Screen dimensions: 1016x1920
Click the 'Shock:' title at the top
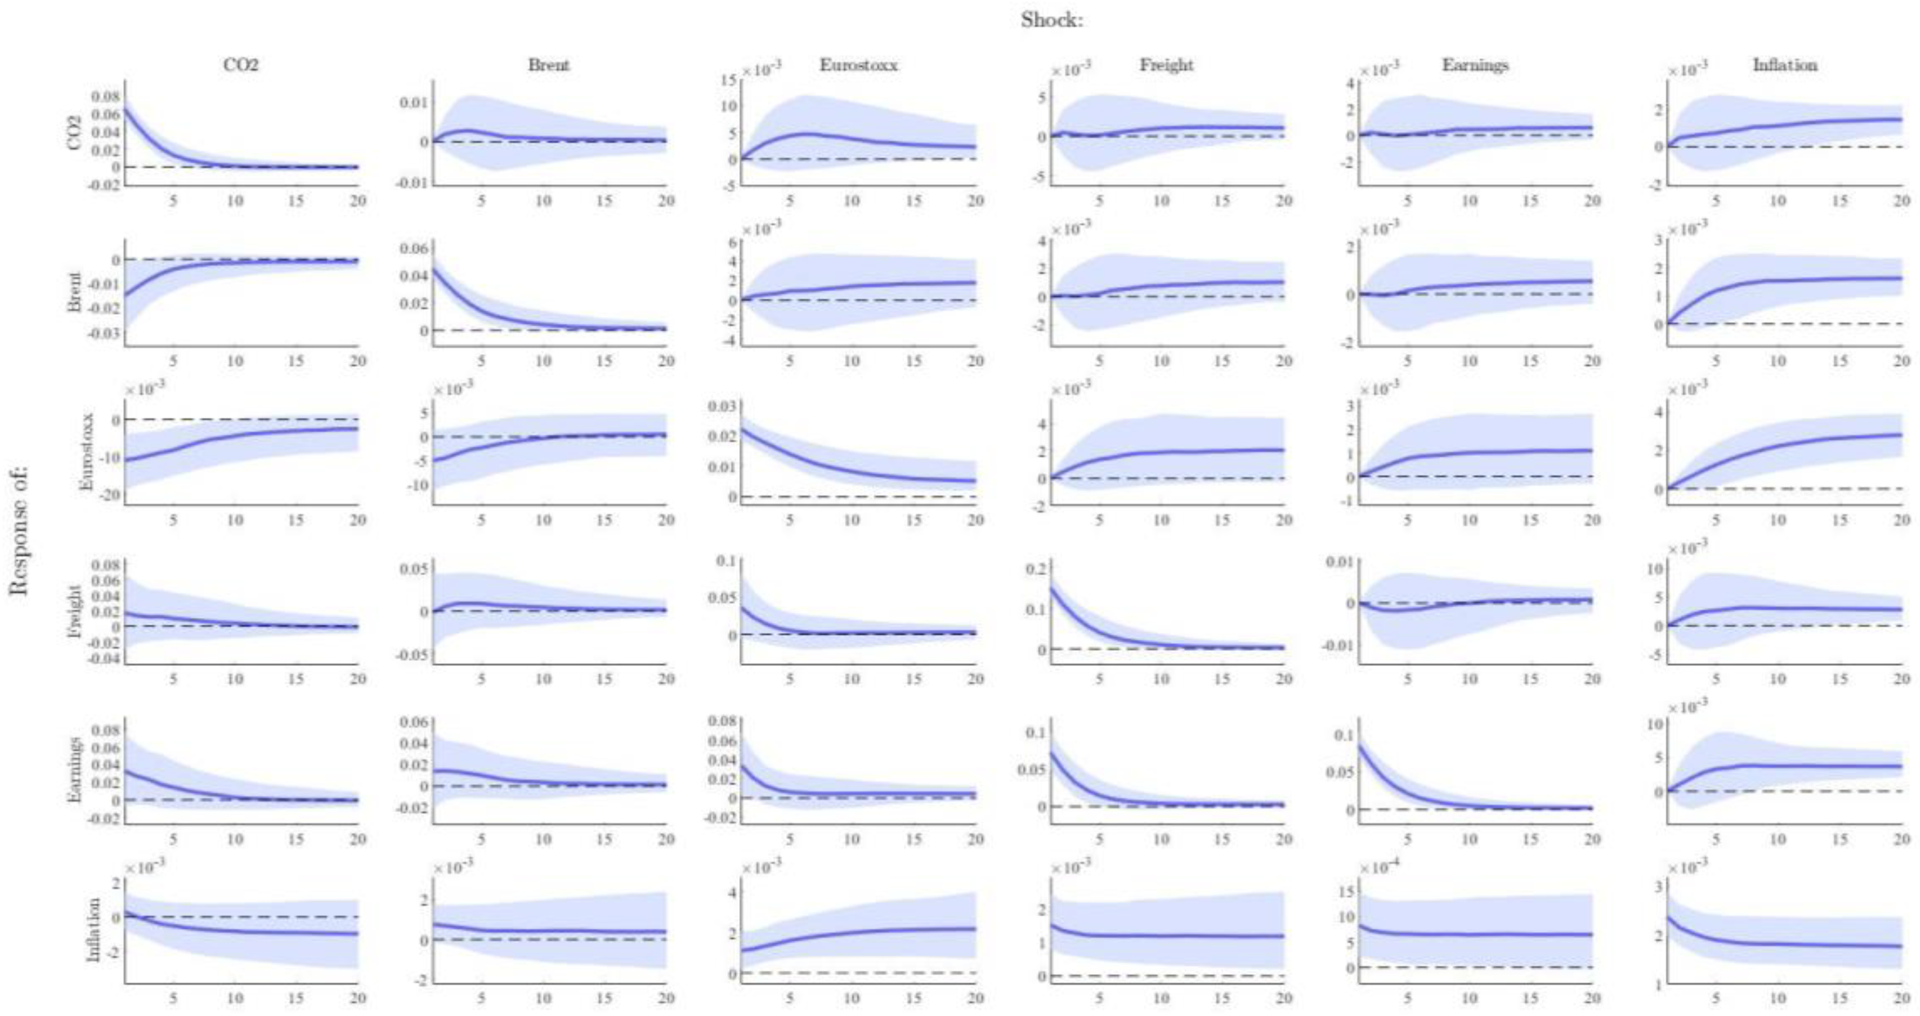[x=1052, y=20]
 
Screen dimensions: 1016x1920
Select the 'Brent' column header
[x=548, y=65]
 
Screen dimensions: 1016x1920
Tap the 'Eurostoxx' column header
[x=859, y=65]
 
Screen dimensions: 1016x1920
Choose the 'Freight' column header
[x=1166, y=65]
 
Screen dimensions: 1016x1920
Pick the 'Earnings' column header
[x=1475, y=65]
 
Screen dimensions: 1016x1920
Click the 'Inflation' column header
[x=1784, y=65]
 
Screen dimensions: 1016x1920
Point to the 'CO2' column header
[x=241, y=65]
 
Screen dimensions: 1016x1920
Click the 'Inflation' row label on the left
[x=93, y=929]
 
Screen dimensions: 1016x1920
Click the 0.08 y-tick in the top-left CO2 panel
[x=105, y=97]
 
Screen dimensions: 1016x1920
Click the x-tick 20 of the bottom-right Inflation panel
[x=1902, y=998]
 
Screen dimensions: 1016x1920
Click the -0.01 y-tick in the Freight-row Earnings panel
[x=1337, y=645]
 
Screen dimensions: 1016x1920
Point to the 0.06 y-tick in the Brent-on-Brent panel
[x=414, y=248]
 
